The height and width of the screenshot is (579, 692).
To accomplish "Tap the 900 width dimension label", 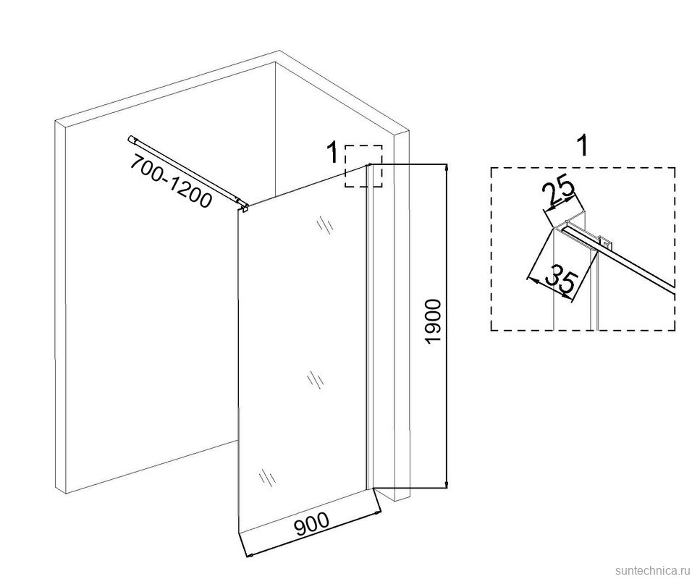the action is pyautogui.click(x=313, y=523).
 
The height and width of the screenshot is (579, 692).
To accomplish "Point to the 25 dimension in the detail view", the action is pyautogui.click(x=558, y=190).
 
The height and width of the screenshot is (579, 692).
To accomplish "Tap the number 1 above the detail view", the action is pyautogui.click(x=583, y=145).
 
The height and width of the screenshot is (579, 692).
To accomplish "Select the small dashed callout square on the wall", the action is pyautogui.click(x=363, y=166).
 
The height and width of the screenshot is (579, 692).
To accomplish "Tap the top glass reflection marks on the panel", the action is pyautogui.click(x=324, y=224).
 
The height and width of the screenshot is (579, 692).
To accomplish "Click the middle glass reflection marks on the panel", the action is pyautogui.click(x=316, y=379).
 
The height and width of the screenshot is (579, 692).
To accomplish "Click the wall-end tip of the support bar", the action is pyautogui.click(x=130, y=140).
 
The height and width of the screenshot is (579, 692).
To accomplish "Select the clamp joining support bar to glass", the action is pyautogui.click(x=243, y=206).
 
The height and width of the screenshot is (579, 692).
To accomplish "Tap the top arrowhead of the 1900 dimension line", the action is pyautogui.click(x=447, y=168).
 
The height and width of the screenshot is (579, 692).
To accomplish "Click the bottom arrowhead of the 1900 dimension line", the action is pyautogui.click(x=447, y=484).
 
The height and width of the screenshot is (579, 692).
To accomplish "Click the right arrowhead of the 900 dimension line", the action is pyautogui.click(x=376, y=513).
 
